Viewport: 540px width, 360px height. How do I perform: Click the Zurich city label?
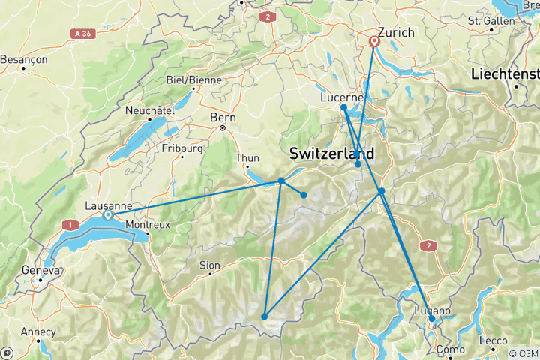[x=397, y=33]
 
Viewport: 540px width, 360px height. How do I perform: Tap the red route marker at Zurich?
[x=374, y=42]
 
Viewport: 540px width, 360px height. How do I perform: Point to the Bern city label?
[x=223, y=118]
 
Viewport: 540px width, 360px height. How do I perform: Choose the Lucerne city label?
[x=341, y=97]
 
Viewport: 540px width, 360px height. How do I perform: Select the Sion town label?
[x=209, y=265]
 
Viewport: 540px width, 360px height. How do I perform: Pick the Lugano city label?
[x=433, y=310]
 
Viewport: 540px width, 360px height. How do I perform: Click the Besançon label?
[x=24, y=58]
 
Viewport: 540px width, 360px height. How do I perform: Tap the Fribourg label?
[x=181, y=148]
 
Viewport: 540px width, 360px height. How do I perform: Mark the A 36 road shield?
[x=83, y=34]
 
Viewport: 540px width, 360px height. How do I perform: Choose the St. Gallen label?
[x=491, y=21]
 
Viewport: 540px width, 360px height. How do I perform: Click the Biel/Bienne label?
[x=188, y=80]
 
